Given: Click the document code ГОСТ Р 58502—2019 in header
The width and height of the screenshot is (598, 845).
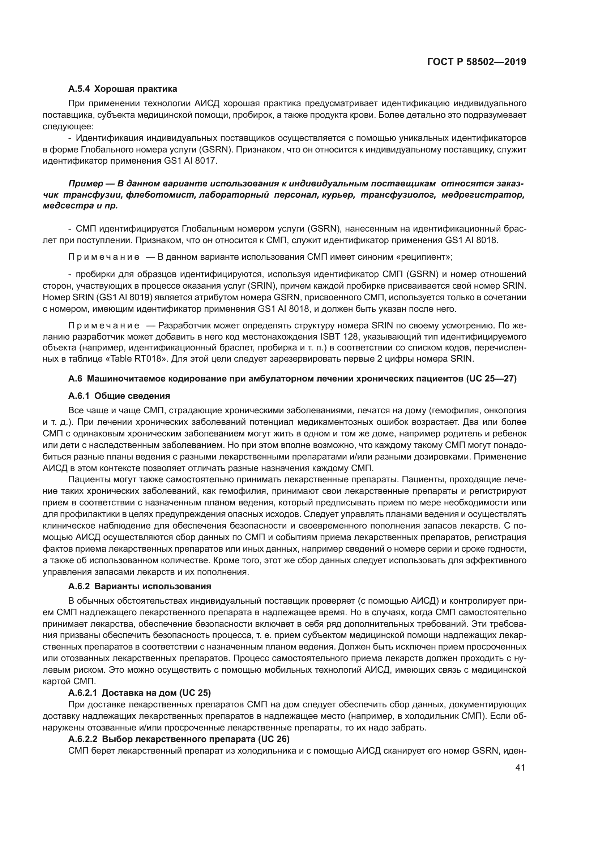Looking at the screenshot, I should click(x=477, y=62).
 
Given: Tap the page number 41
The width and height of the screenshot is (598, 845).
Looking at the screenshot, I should click(x=520, y=767).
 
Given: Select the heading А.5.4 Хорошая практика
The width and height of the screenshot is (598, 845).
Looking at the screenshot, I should click(x=122, y=89).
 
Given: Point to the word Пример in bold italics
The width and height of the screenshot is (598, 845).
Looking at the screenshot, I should click(x=85, y=184).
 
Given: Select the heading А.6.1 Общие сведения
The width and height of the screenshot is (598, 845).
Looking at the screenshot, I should click(x=119, y=396).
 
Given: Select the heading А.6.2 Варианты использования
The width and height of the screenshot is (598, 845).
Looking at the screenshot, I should click(x=140, y=586).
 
